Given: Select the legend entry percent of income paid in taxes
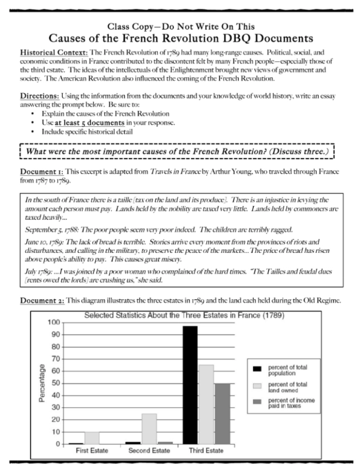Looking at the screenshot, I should point(284,404).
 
